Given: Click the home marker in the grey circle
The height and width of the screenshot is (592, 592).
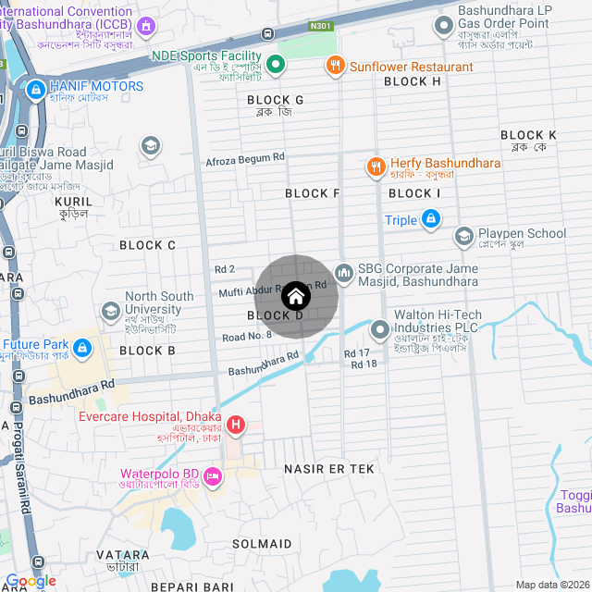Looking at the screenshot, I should tap(295, 296).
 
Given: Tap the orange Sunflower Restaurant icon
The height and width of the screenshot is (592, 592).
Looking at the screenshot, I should tap(334, 67).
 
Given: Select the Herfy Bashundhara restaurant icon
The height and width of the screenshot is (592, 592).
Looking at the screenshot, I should tap(376, 166).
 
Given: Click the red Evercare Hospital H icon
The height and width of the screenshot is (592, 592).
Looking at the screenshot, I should tap(236, 425).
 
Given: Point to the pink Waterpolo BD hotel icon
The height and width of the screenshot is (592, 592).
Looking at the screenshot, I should tap(214, 476).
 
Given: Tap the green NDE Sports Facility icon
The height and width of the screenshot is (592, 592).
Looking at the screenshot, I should tap(275, 64).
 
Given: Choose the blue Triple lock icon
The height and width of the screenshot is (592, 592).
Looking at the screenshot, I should tap(430, 219).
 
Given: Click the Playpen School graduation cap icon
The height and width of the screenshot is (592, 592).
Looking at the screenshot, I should tap(463, 237).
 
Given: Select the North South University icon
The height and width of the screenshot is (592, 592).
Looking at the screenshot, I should tap(112, 310).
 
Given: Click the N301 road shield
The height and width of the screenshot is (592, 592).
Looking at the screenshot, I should tap(321, 27).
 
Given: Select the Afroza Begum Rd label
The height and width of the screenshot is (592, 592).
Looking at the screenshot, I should tap(244, 159).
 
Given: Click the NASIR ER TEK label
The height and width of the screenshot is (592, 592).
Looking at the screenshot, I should tap(329, 469).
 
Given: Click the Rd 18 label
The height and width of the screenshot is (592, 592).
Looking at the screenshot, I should tap(364, 364).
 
